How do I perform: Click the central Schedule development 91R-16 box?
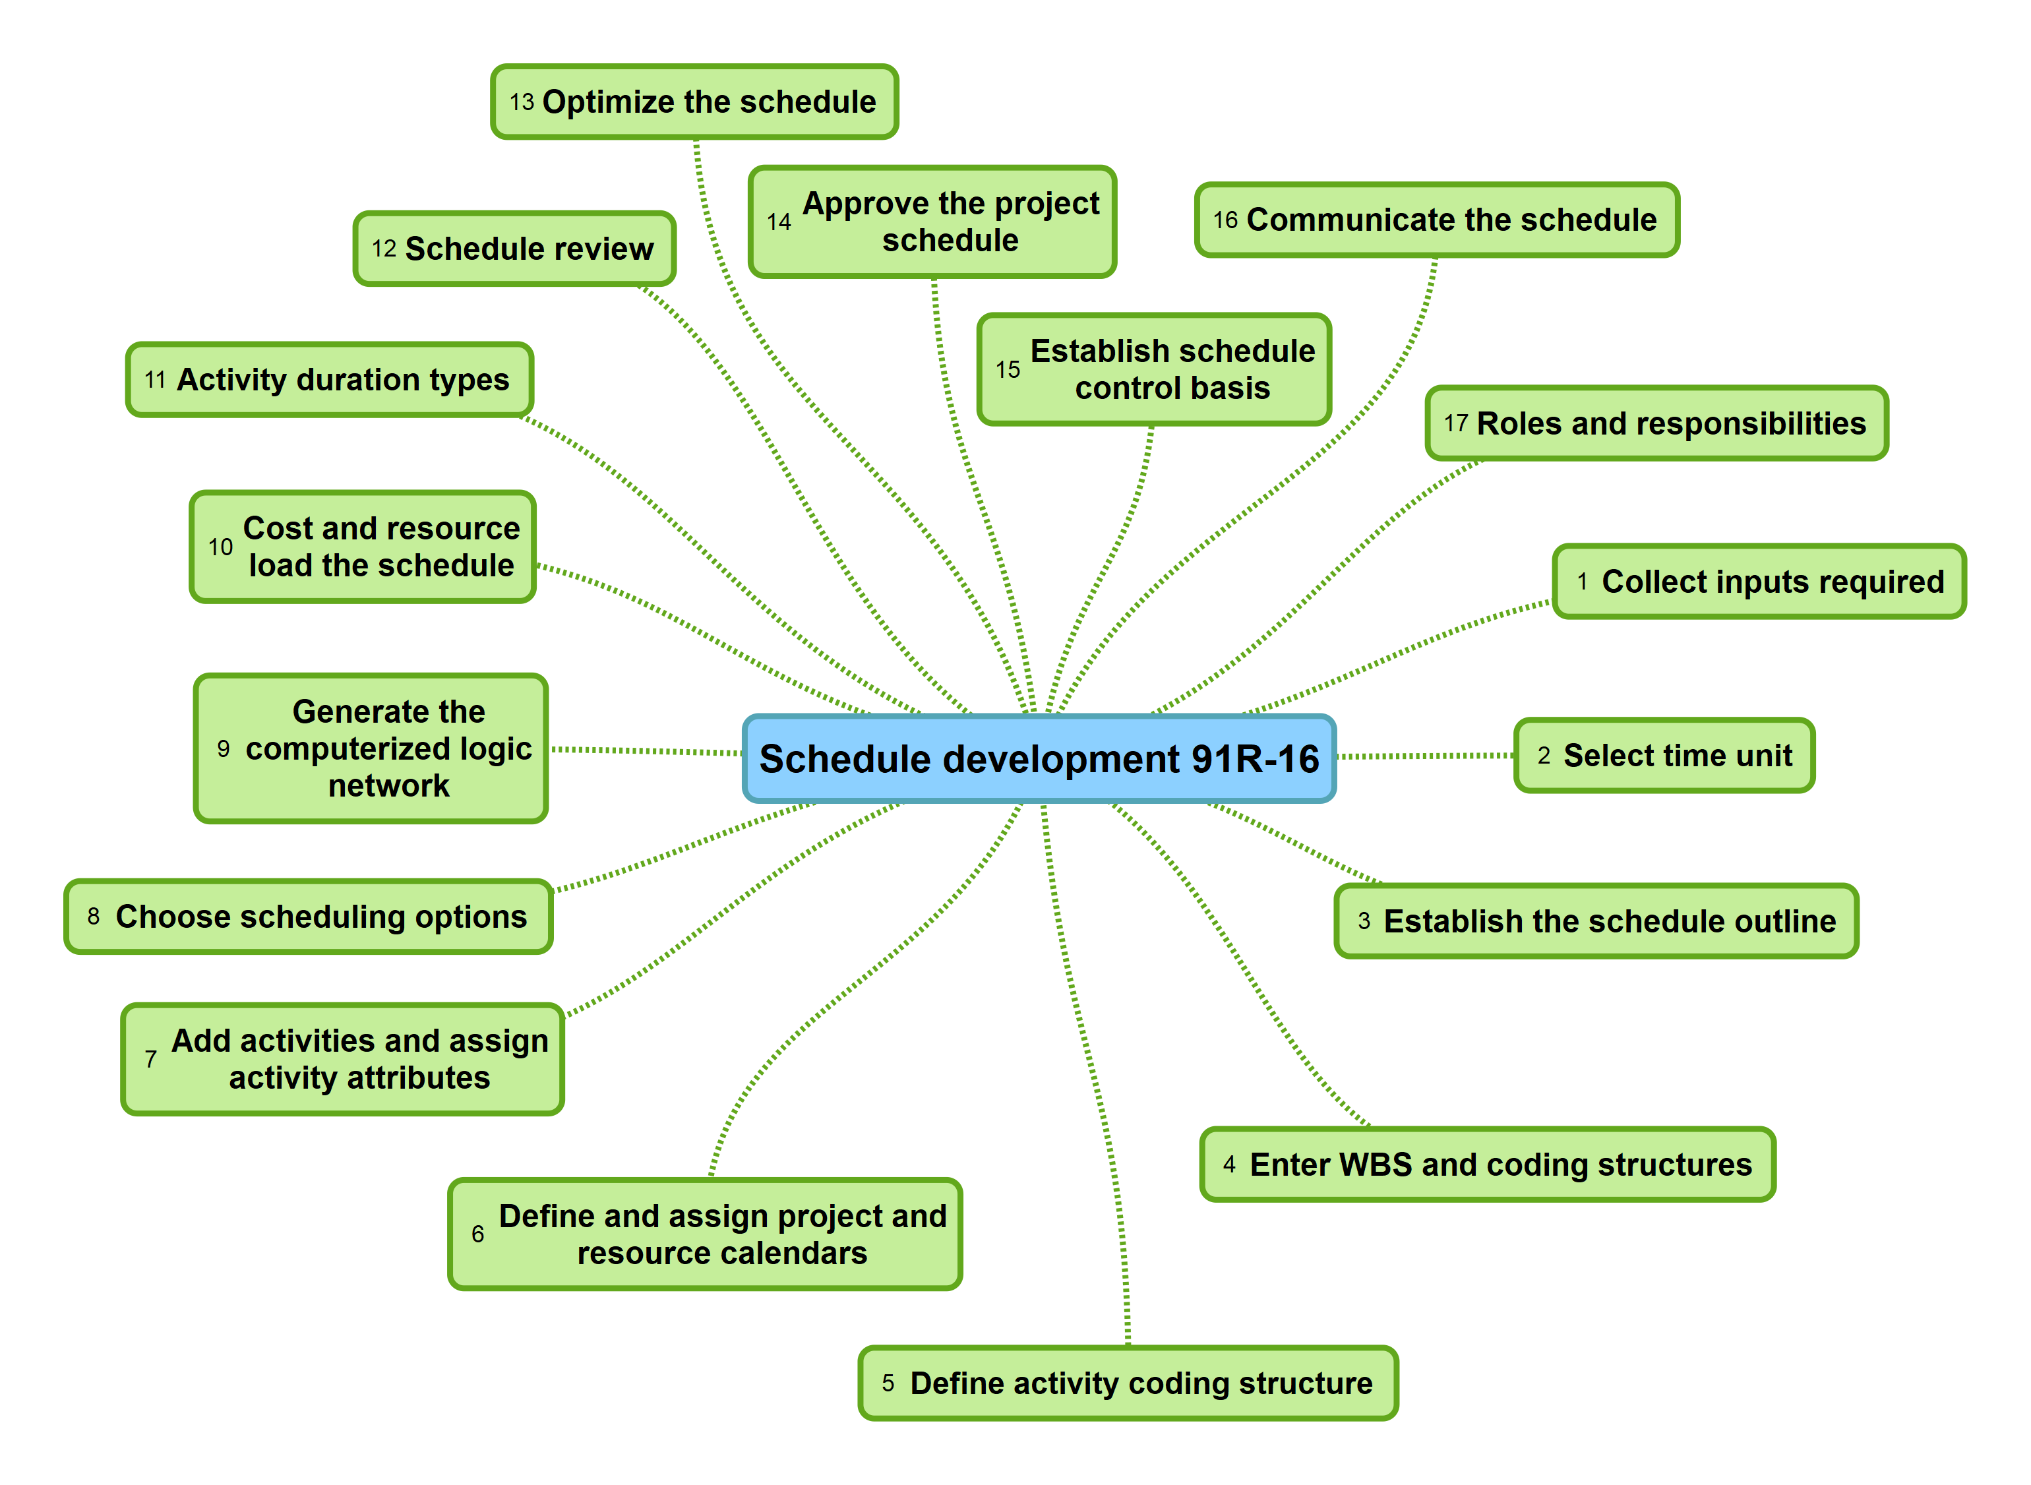pyautogui.click(x=1038, y=759)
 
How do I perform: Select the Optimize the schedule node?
pyautogui.click(x=694, y=102)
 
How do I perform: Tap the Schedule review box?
pyautogui.click(x=514, y=249)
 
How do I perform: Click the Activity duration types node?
pyautogui.click(x=329, y=379)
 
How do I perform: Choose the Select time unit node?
pyautogui.click(x=1664, y=755)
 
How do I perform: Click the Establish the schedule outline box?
pyautogui.click(x=1595, y=921)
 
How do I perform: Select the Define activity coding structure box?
pyautogui.click(x=1127, y=1383)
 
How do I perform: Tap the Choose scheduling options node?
pyautogui.click(x=307, y=917)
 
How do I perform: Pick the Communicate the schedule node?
pyautogui.click(x=1436, y=220)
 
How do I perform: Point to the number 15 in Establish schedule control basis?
pyautogui.click(x=1008, y=369)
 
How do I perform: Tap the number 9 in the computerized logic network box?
pyautogui.click(x=223, y=749)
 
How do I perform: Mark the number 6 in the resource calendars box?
pyautogui.click(x=477, y=1234)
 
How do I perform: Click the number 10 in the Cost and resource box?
pyautogui.click(x=220, y=547)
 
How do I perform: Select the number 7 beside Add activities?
pyautogui.click(x=150, y=1060)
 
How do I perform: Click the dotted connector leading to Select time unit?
pyautogui.click(x=1424, y=756)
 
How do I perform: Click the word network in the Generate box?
pyautogui.click(x=388, y=785)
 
